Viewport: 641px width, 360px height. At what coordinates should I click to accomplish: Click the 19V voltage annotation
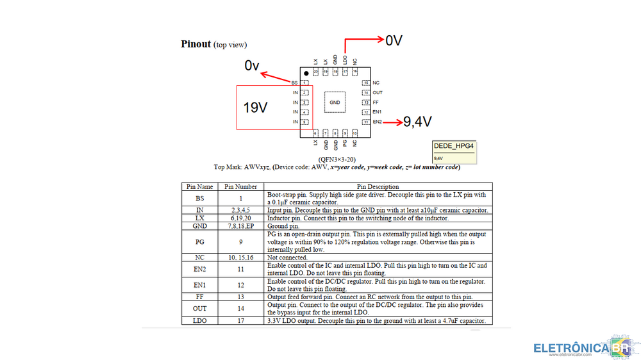pos(255,108)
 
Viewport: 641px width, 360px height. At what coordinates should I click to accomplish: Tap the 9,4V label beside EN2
pos(417,121)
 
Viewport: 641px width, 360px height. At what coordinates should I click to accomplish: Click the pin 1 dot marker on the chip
pos(306,74)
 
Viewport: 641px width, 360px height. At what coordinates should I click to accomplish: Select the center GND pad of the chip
pos(335,102)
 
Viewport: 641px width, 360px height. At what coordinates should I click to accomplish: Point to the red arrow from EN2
pos(392,121)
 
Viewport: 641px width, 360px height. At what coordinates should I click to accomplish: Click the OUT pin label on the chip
pos(377,93)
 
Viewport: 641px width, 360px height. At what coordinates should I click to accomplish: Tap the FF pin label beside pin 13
pos(375,102)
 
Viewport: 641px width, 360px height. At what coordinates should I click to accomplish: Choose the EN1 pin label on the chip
pos(377,112)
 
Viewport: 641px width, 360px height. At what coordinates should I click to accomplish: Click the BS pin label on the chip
pos(294,83)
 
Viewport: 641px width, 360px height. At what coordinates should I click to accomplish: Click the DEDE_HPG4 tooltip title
pos(454,146)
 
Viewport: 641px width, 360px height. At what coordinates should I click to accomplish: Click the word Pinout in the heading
pos(196,44)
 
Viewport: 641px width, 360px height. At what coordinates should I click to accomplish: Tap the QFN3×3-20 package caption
pos(337,159)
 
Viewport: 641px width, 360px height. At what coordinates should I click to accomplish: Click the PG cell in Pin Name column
pos(199,243)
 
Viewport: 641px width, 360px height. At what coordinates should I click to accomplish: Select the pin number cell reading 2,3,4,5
pos(240,210)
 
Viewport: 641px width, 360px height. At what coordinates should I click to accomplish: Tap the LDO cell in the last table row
pos(199,320)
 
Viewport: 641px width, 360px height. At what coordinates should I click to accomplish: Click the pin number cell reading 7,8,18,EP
pos(240,226)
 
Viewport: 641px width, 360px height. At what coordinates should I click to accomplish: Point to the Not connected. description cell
pos(287,258)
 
